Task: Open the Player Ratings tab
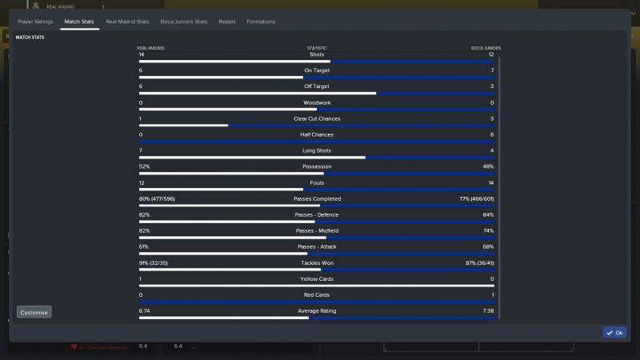click(35, 22)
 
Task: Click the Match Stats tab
click(79, 22)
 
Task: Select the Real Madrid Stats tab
click(127, 22)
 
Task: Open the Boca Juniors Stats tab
click(184, 22)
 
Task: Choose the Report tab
click(227, 22)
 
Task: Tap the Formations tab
click(261, 22)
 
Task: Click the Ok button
click(614, 332)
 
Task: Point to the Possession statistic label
click(317, 166)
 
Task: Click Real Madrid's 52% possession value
click(144, 166)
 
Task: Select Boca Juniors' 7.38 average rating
click(488, 310)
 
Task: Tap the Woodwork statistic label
click(317, 102)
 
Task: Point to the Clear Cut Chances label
click(317, 118)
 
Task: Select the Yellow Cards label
click(317, 278)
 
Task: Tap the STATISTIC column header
click(317, 48)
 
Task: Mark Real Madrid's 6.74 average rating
click(145, 310)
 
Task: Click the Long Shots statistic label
click(317, 150)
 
